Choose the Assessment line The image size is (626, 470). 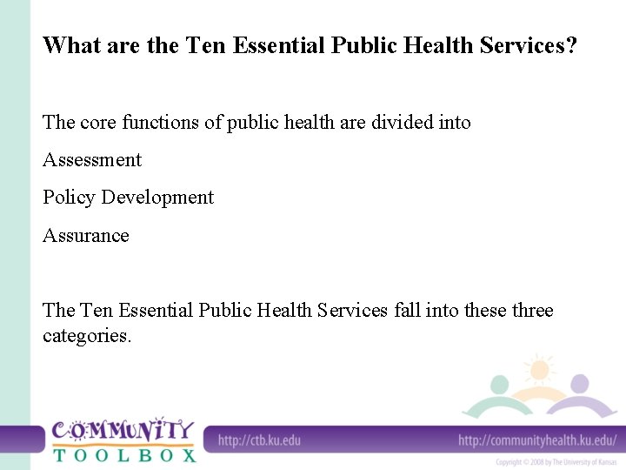click(92, 160)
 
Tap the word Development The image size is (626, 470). click(157, 198)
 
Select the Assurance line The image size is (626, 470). click(86, 236)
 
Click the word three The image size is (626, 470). click(530, 311)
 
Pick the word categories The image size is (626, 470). click(87, 335)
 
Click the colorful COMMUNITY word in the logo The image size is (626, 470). click(123, 430)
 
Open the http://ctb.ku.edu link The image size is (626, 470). click(259, 440)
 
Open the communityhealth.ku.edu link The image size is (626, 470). click(536, 440)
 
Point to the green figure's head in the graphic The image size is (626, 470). click(499, 385)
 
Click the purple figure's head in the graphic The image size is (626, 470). click(580, 383)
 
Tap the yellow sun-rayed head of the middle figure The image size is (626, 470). click(540, 370)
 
